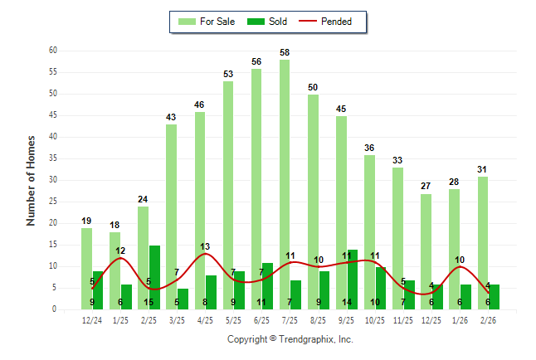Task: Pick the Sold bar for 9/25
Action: (x=353, y=280)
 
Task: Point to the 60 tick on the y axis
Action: (x=52, y=51)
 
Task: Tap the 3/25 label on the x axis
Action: (x=177, y=320)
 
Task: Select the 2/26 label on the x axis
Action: (x=488, y=320)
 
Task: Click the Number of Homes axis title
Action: (x=32, y=180)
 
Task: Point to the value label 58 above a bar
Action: (x=285, y=52)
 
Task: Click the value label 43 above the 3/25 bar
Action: (x=171, y=117)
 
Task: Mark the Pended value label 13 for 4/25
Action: (x=205, y=246)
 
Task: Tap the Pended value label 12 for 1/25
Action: (x=120, y=251)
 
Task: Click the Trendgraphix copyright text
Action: (x=290, y=339)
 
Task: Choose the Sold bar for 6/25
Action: (x=267, y=286)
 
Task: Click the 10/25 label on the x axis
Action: (x=375, y=320)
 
